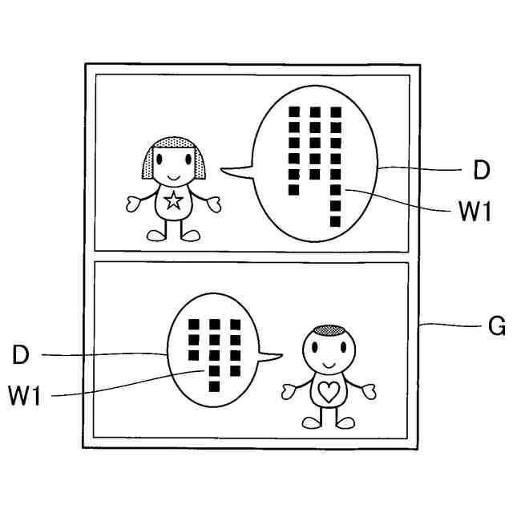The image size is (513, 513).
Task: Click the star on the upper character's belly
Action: coord(172,200)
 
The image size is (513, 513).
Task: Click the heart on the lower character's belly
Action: coord(329,391)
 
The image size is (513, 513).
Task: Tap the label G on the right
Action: coord(496,327)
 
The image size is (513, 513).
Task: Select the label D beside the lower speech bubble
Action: coord(21,355)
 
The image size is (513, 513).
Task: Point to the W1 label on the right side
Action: coord(474,212)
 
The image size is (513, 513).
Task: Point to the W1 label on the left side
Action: coord(25,396)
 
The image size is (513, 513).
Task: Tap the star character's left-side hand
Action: coord(135,204)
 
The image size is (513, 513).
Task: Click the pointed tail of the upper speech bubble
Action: coord(228,168)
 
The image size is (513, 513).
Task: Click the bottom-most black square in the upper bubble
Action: coord(335,221)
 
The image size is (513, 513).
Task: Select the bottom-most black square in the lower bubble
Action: coord(213,388)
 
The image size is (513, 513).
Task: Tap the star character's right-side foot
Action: coord(191,235)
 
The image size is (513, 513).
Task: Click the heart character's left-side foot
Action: coord(311,422)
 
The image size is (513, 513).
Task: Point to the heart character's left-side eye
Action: coord(319,349)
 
